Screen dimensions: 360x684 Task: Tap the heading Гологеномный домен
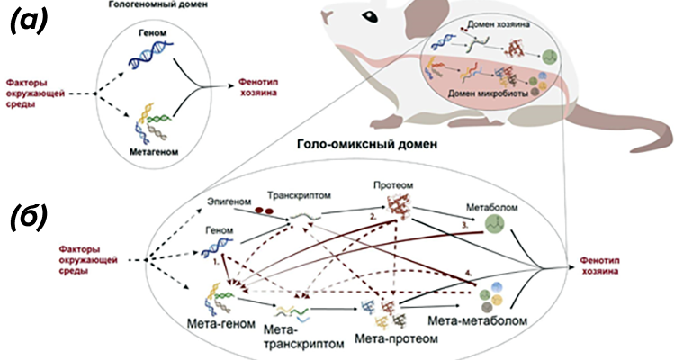pyautogui.click(x=170, y=4)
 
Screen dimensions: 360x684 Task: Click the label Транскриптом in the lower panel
pyautogui.click(x=299, y=194)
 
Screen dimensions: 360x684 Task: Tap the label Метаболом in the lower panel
pyautogui.click(x=492, y=206)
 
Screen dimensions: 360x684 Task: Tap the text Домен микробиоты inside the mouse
pyautogui.click(x=485, y=94)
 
